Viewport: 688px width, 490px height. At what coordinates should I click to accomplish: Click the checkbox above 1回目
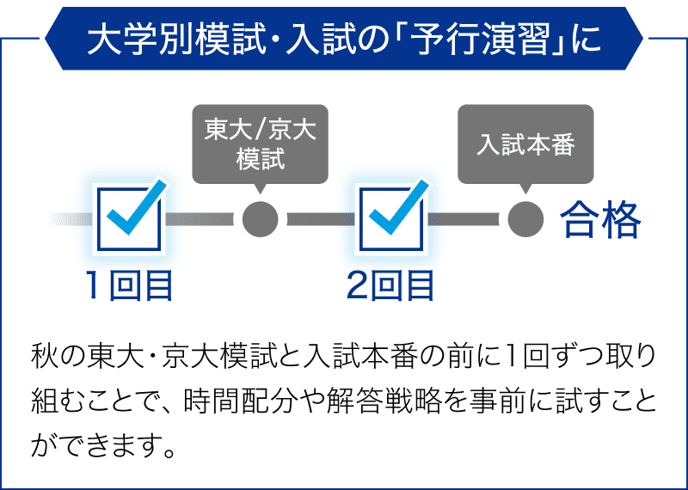pos(129,219)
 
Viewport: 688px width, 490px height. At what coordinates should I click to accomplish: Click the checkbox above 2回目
pos(391,219)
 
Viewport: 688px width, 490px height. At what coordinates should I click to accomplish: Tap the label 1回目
pos(129,285)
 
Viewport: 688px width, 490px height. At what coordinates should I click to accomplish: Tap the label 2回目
pos(390,285)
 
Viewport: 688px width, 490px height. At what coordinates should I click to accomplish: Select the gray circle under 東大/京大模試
pos(261,219)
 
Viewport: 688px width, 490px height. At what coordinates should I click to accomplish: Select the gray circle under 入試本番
pos(525,219)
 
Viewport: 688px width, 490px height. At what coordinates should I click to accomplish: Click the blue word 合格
pos(600,220)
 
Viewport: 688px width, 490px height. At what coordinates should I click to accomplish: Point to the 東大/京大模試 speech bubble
pos(261,144)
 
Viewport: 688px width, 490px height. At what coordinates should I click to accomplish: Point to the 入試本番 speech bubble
pos(525,144)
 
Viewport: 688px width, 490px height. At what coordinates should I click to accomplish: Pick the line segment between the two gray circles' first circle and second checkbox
pos(321,219)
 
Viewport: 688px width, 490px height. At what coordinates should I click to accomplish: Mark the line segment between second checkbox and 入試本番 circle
pos(464,219)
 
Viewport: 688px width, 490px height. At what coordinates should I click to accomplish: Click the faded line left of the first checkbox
pos(72,219)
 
